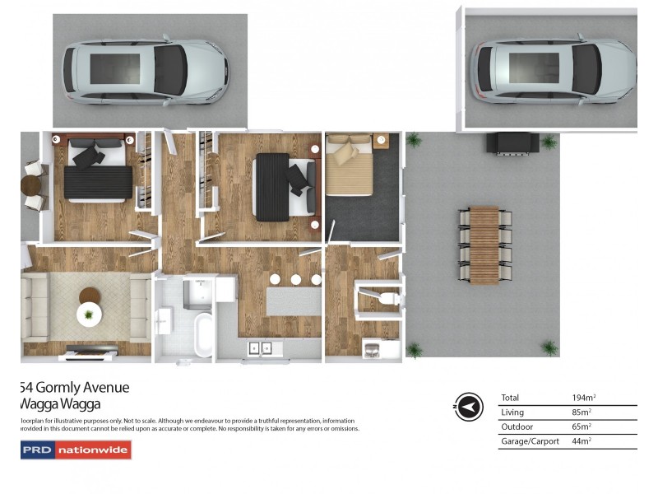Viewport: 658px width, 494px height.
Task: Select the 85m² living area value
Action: click(x=582, y=412)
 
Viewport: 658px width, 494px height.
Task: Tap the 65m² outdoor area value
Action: click(x=582, y=426)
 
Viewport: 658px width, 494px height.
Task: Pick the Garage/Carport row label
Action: click(x=530, y=441)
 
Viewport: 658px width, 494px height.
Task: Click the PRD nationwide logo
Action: click(x=76, y=450)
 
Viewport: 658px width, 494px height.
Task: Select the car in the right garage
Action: click(x=552, y=71)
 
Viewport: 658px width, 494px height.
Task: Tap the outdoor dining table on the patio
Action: click(x=484, y=245)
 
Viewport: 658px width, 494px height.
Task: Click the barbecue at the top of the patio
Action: click(x=515, y=143)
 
